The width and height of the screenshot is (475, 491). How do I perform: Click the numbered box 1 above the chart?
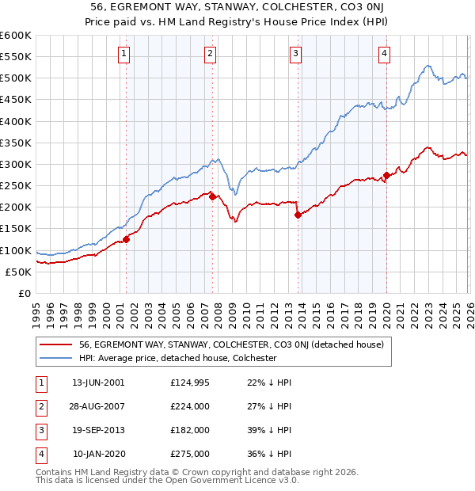tap(125, 54)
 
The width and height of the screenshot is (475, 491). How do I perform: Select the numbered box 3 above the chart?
tap(294, 54)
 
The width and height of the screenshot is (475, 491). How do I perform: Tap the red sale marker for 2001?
tap(126, 240)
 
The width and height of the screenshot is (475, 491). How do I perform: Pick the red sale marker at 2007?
tap(212, 197)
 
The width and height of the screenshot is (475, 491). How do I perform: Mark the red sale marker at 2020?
tap(386, 175)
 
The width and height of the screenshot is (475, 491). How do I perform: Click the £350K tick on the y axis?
tap(16, 143)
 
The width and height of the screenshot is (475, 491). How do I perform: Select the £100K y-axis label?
tap(16, 250)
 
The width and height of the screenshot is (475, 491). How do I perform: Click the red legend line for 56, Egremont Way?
tap(55, 344)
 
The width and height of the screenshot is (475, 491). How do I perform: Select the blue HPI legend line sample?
tap(55, 358)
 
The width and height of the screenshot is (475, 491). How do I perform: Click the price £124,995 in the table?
tap(189, 382)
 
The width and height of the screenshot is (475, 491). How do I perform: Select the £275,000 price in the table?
tap(189, 455)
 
